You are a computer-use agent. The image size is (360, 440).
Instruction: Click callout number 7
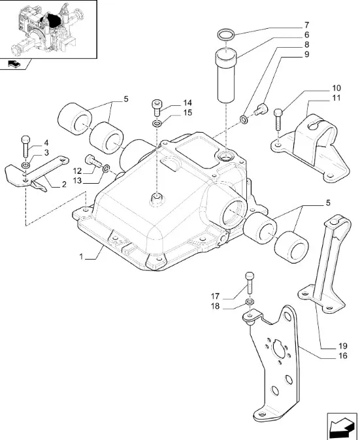[x=306, y=25]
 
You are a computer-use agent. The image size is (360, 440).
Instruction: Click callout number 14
[x=188, y=103]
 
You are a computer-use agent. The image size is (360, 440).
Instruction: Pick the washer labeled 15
[x=157, y=123]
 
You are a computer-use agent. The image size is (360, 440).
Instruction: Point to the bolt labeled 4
[x=25, y=146]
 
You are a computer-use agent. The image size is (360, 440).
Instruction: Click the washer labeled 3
[x=25, y=165]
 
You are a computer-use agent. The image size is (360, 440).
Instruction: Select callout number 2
[x=64, y=184]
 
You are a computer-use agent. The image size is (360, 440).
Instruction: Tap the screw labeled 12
[x=93, y=161]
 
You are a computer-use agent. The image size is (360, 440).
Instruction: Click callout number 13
[x=77, y=180]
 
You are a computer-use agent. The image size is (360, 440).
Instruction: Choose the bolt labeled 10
[x=278, y=119]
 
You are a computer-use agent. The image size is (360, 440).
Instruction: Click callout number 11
[x=336, y=98]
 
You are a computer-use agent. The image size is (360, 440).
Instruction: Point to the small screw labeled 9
[x=261, y=109]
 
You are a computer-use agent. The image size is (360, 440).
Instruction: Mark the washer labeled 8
[x=244, y=119]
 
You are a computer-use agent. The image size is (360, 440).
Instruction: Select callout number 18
[x=216, y=306]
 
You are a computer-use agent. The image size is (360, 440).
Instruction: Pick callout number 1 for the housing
[x=81, y=256]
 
